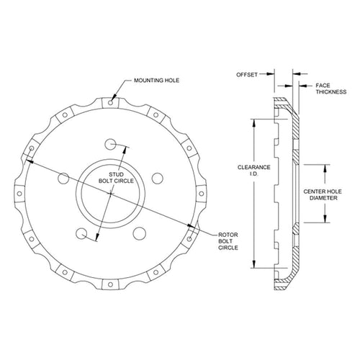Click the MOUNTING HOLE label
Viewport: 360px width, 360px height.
pyautogui.click(x=156, y=81)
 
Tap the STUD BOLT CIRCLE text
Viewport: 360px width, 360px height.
pyautogui.click(x=116, y=178)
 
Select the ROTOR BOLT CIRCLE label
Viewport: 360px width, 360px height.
pyautogui.click(x=228, y=241)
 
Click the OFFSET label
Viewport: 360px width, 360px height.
pyautogui.click(x=247, y=75)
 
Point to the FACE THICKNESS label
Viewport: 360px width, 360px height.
pyautogui.click(x=331, y=89)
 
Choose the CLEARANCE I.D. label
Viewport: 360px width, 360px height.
pyautogui.click(x=254, y=171)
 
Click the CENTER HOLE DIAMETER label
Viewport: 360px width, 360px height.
pyautogui.click(x=323, y=194)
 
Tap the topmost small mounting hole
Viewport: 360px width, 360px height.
pyautogui.click(x=110, y=103)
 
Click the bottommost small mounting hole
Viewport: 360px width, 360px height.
pyautogui.click(x=110, y=284)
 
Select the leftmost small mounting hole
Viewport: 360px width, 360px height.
pyautogui.click(x=19, y=194)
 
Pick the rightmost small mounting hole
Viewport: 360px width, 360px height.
pyautogui.click(x=202, y=194)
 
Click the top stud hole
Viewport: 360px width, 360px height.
pyautogui.click(x=110, y=144)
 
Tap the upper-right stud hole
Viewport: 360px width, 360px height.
pyautogui.click(x=158, y=179)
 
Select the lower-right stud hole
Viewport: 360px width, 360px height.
pyautogui.click(x=140, y=233)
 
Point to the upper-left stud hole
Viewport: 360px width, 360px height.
pyautogui.click(x=63, y=179)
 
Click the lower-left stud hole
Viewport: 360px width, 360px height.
pyautogui.click(x=81, y=233)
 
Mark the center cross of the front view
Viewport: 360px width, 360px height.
pyautogui.click(x=110, y=194)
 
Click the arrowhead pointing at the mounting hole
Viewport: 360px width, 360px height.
pyautogui.click(x=114, y=96)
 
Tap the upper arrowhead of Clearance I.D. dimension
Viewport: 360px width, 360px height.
pyautogui.click(x=254, y=123)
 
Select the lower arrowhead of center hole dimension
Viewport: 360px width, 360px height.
pyautogui.click(x=325, y=219)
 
